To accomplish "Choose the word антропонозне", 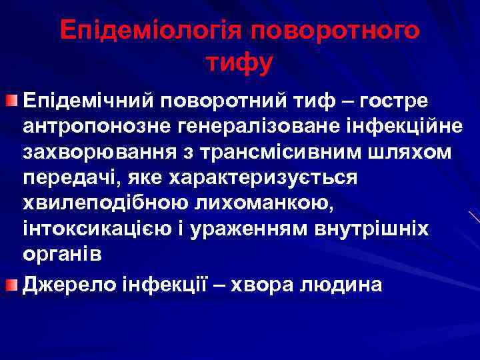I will tap(91, 126).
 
